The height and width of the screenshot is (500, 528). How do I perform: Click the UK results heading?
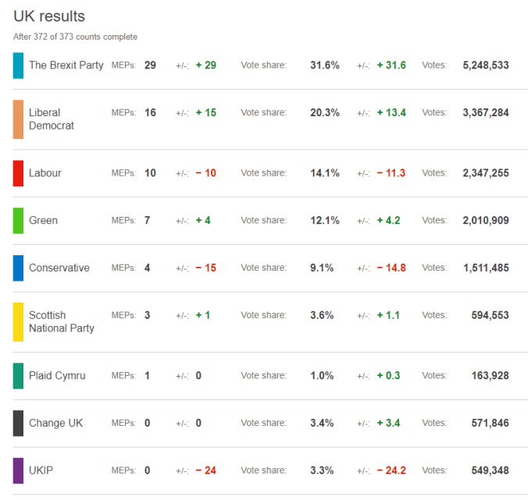coord(49,16)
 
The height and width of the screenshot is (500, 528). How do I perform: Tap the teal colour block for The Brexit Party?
coord(18,65)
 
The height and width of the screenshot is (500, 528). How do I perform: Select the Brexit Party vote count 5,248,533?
coord(485,66)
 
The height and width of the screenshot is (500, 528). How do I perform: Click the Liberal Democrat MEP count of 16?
coord(150,112)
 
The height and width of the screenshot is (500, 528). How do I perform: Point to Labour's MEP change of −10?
coord(205,173)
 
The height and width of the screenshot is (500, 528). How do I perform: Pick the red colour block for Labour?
coord(18,173)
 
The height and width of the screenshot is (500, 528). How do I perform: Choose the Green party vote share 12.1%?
coord(324,221)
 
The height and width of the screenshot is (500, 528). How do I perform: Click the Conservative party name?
coord(59,268)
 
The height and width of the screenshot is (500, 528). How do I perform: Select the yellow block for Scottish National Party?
coord(18,321)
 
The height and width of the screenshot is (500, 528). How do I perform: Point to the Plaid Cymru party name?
coord(57,376)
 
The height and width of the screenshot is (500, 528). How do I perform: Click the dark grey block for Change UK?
coord(18,423)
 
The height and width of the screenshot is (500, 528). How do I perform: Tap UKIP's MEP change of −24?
coord(205,471)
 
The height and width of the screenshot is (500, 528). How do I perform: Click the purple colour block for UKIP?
coord(18,470)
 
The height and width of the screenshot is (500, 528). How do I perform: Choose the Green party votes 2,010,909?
coord(485,221)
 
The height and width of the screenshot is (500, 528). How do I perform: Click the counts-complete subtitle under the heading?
coord(75,37)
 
